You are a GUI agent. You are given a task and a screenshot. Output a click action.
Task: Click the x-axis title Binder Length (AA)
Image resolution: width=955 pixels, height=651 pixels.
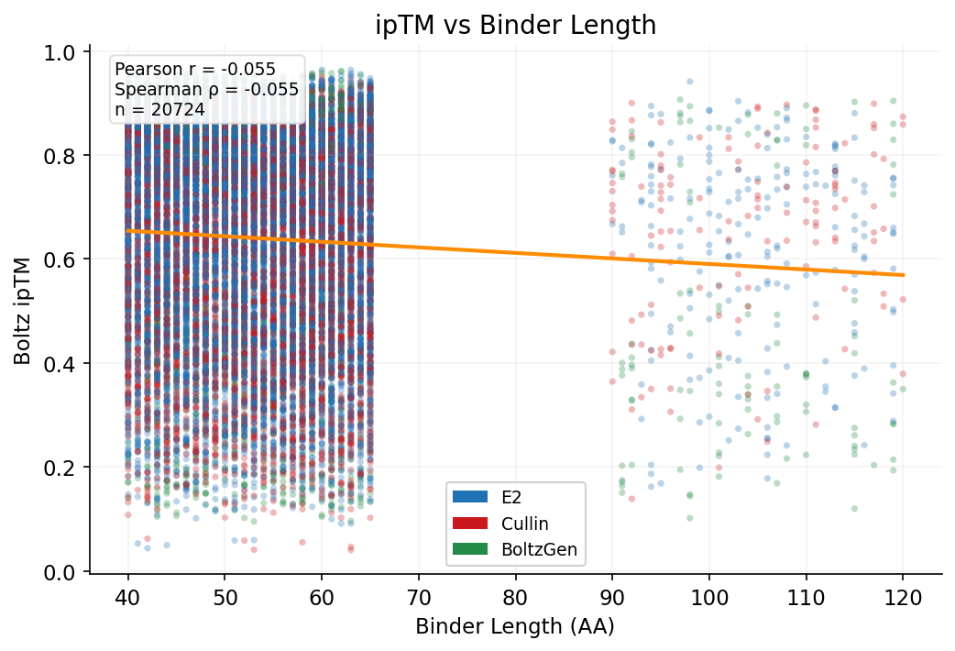click(515, 627)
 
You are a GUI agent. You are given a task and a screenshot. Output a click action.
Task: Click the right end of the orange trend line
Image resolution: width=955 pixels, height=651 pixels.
click(903, 274)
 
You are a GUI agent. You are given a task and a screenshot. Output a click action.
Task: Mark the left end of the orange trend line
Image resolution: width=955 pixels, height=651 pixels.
click(128, 231)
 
